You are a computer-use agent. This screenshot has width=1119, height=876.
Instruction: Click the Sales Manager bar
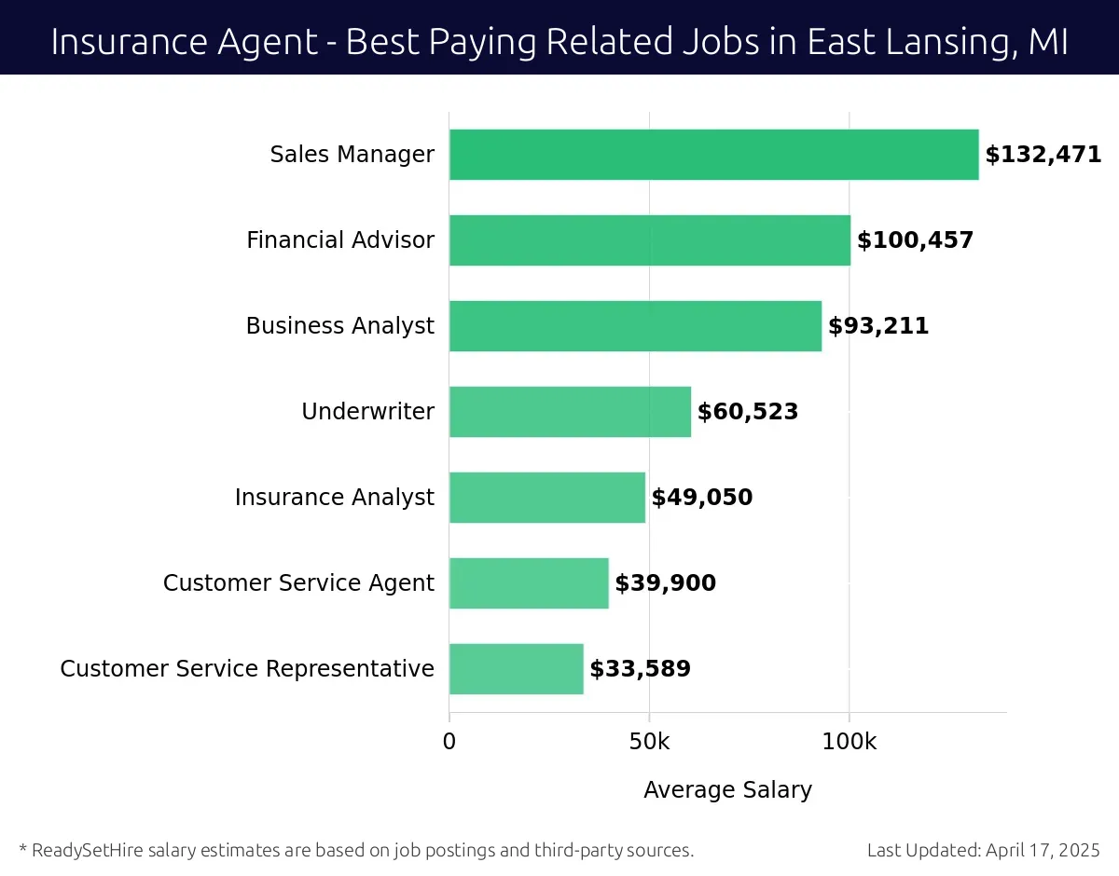713,155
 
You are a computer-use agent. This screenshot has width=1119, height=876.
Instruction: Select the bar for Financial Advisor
649,240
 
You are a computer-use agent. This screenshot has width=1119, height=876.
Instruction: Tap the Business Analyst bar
635,326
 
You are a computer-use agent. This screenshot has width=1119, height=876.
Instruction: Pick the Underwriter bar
570,412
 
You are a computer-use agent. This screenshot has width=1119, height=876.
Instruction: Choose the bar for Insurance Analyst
546,498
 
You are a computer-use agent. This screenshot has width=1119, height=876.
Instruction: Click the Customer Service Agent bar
529,583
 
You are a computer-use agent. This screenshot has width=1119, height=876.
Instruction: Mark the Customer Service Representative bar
516,669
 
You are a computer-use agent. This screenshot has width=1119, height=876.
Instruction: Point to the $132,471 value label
1043,155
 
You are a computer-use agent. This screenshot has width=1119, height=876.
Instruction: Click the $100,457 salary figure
915,240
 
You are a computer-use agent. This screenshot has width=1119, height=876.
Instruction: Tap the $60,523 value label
748,412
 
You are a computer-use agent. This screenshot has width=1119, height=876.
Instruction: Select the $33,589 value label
640,669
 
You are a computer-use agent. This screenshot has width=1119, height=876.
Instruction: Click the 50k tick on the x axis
649,743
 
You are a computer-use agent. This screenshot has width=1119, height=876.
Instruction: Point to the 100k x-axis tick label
849,743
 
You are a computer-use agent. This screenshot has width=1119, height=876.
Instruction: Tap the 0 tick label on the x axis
449,743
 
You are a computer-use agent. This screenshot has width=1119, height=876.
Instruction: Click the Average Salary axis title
727,790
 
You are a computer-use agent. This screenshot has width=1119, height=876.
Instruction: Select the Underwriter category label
367,412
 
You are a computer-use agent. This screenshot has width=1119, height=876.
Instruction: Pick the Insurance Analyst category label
334,498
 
